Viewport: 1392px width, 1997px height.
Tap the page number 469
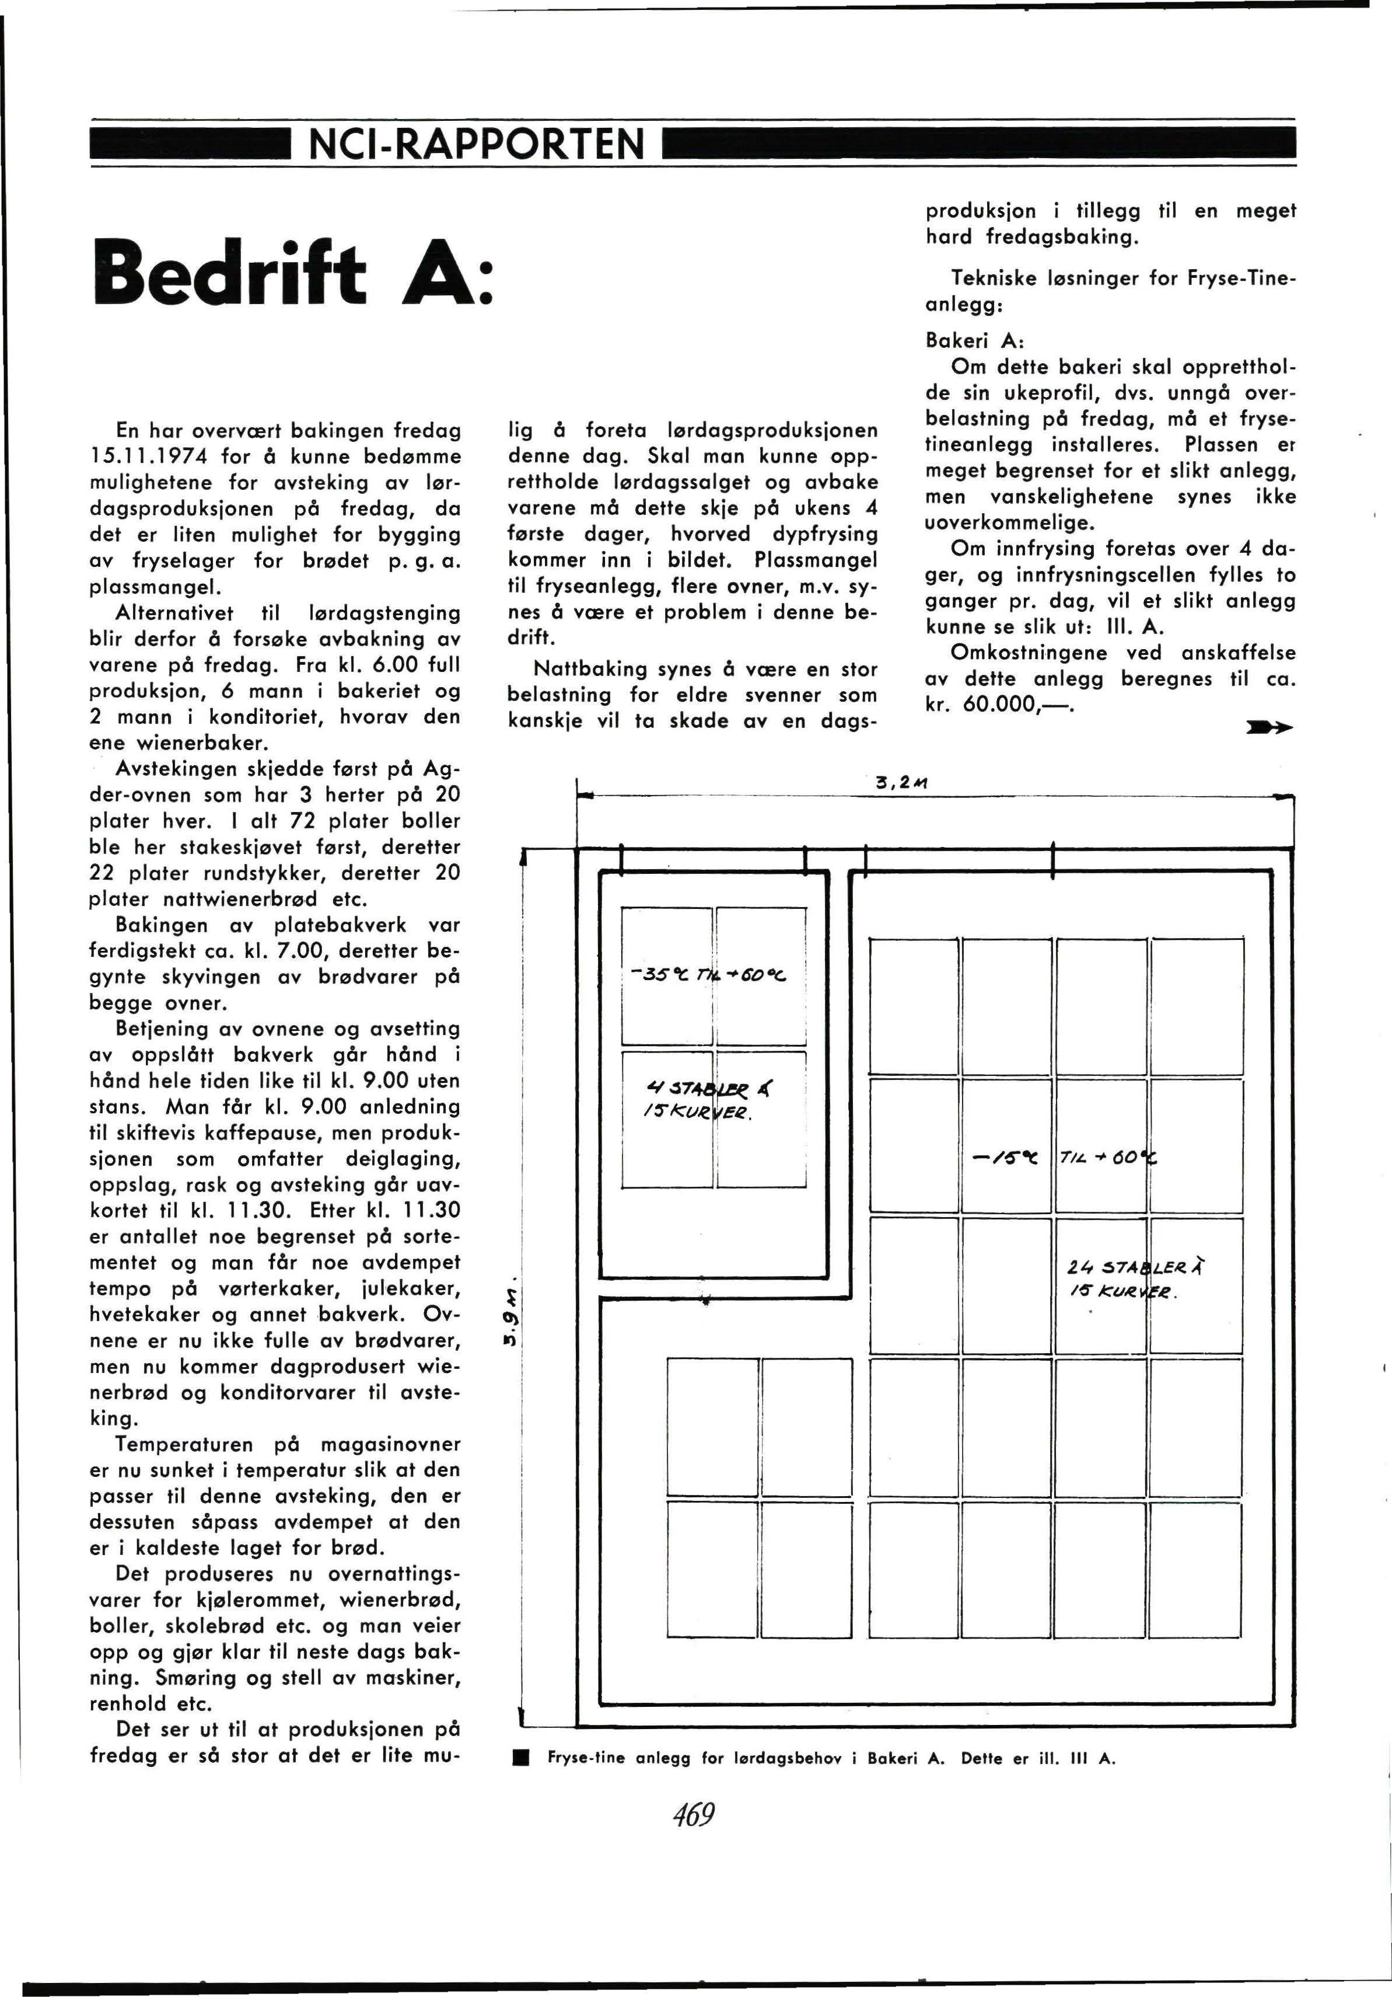[x=693, y=1816]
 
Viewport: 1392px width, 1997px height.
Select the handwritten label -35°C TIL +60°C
[x=712, y=974]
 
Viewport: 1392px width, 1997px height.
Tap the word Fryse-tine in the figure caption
[x=586, y=1758]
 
